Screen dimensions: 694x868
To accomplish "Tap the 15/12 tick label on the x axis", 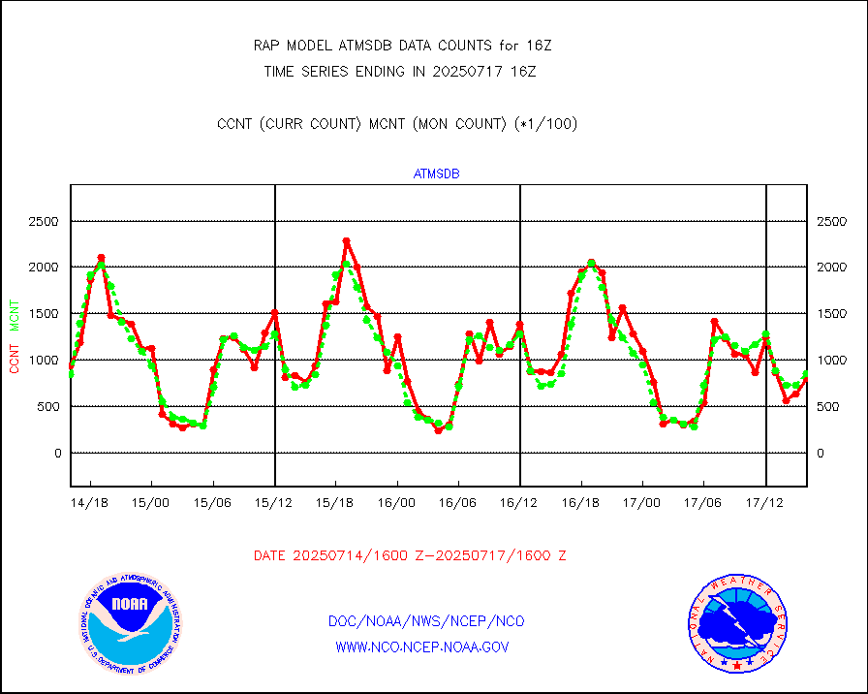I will click(x=274, y=503).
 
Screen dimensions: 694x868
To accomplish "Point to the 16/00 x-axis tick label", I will click(x=397, y=503).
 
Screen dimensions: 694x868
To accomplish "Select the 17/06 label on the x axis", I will click(x=704, y=503).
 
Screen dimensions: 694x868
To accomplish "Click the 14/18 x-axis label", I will click(x=90, y=503).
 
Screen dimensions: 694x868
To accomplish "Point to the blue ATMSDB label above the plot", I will click(x=436, y=174).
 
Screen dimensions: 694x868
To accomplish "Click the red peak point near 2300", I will click(x=346, y=241).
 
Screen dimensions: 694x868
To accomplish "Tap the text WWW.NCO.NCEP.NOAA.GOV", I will click(x=421, y=647).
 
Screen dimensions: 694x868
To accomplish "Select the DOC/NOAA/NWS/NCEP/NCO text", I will click(x=427, y=621).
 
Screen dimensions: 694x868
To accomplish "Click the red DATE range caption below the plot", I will click(x=410, y=555).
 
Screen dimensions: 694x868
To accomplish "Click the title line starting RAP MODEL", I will click(x=402, y=45).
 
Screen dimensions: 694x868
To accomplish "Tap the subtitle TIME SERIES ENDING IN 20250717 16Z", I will click(x=400, y=71).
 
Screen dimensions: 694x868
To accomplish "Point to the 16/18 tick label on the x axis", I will click(x=581, y=503).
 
